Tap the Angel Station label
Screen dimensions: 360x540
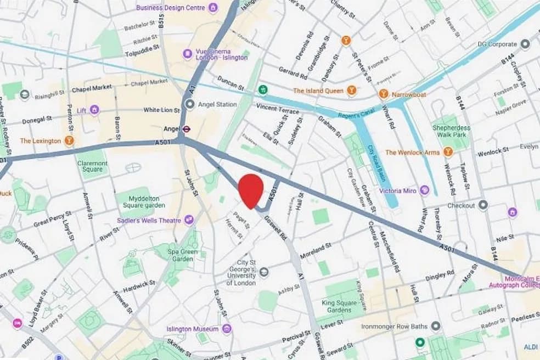click(x=218, y=104)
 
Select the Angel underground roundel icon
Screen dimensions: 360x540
click(x=187, y=129)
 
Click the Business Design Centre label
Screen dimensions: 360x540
click(x=170, y=8)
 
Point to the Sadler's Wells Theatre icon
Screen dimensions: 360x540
click(x=189, y=220)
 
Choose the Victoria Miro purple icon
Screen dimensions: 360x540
click(x=424, y=190)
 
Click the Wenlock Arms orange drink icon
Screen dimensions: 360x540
click(x=448, y=152)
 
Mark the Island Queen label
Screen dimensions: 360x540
click(x=318, y=91)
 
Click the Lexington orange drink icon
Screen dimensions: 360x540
click(x=69, y=140)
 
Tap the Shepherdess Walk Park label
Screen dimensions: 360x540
click(x=452, y=131)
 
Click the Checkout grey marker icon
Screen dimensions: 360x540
click(x=483, y=205)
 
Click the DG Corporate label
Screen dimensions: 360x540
click(x=497, y=44)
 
